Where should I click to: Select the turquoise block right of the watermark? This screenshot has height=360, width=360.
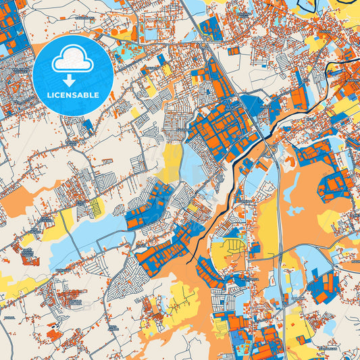tap(126, 51)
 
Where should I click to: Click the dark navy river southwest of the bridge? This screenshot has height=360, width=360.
tap(223, 196)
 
